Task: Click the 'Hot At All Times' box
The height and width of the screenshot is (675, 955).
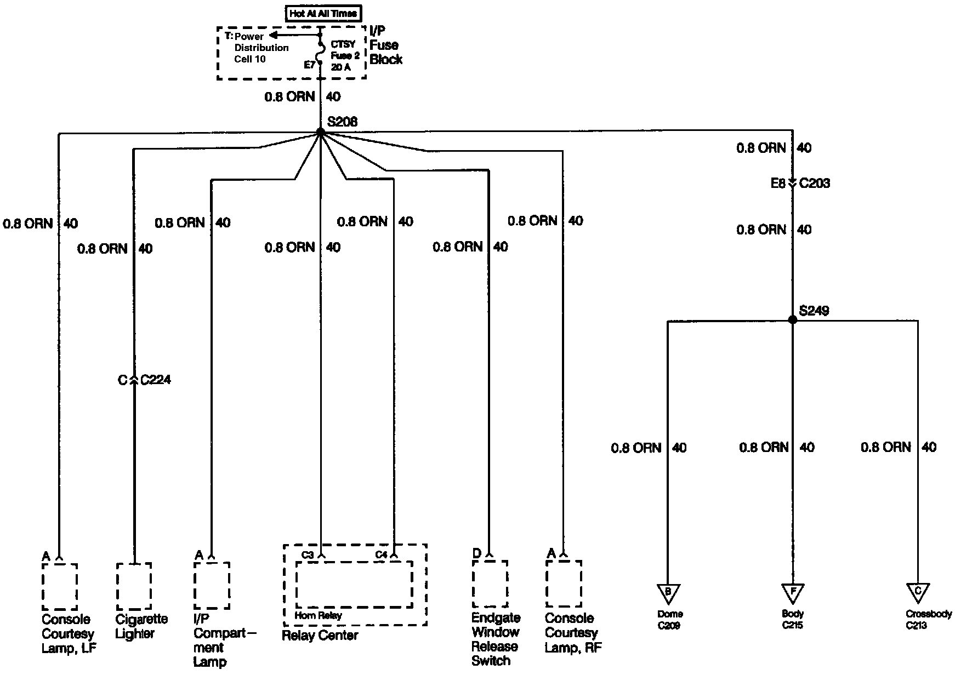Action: coord(323,13)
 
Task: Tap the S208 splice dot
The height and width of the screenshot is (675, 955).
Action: coord(320,133)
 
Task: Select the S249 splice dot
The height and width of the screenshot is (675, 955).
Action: coord(792,319)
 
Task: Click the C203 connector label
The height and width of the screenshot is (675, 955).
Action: coord(814,184)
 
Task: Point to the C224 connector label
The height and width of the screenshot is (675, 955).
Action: coord(156,380)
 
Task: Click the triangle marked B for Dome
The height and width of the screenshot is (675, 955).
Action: coord(668,593)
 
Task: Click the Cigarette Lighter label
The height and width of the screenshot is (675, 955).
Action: coord(141,626)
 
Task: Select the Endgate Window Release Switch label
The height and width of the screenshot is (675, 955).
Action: coord(495,639)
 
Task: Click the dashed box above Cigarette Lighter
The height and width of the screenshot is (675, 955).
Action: coord(134,586)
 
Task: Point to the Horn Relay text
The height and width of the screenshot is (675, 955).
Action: coord(318,615)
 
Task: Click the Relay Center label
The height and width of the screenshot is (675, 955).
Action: coord(320,636)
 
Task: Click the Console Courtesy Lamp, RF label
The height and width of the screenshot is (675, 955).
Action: coord(573,633)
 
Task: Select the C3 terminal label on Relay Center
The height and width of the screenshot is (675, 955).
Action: coord(308,555)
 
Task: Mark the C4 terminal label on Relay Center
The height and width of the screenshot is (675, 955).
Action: coord(381,555)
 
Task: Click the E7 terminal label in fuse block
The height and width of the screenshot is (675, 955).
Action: coord(310,65)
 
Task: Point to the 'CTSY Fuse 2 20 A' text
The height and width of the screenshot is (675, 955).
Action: coord(345,56)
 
